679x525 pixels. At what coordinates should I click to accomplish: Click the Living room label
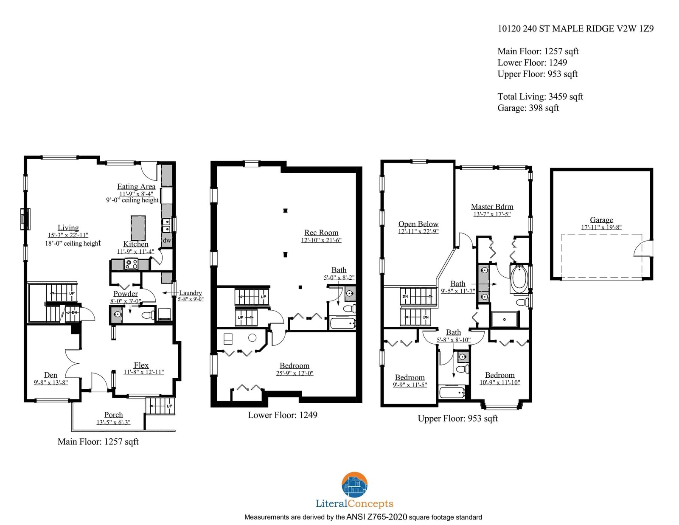click(x=68, y=227)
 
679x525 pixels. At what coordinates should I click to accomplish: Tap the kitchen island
click(x=138, y=228)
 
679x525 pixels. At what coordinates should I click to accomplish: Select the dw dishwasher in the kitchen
click(x=167, y=241)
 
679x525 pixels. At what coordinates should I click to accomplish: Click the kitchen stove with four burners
click(x=131, y=264)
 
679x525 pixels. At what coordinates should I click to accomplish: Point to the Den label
click(x=51, y=375)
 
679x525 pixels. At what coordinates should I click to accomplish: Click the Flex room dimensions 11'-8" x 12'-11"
click(x=144, y=372)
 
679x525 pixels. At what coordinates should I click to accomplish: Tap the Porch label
click(x=113, y=415)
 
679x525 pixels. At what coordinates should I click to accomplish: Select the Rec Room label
click(x=321, y=233)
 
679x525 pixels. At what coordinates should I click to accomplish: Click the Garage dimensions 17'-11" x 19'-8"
click(x=601, y=227)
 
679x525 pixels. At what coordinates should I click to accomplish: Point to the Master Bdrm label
click(x=492, y=207)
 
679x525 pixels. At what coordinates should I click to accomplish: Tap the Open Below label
click(x=418, y=224)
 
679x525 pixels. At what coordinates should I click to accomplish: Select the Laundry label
click(x=190, y=293)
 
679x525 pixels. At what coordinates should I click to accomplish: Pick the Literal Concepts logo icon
click(x=354, y=485)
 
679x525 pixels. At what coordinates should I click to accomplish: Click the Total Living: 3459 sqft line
click(x=540, y=97)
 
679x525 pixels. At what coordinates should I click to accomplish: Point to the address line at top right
click(x=575, y=29)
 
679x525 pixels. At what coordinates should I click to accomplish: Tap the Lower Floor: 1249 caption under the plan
click(x=283, y=415)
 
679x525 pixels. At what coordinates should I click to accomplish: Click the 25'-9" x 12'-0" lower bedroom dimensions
click(x=295, y=373)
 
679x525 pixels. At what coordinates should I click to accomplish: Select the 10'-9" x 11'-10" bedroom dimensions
click(x=499, y=382)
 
